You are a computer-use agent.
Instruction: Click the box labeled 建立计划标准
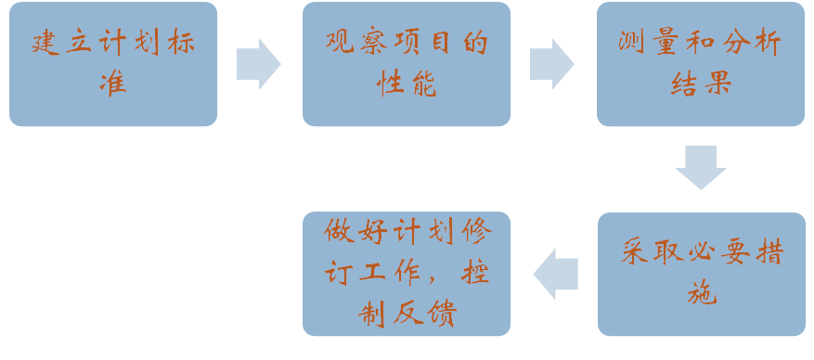tap(112, 64)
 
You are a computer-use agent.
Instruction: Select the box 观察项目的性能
tap(406, 64)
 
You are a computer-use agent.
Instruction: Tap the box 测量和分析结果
tap(700, 64)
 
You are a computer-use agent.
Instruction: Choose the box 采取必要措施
tap(701, 274)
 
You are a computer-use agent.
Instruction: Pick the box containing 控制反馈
tap(406, 274)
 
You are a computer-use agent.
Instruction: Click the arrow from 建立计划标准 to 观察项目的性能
tap(258, 64)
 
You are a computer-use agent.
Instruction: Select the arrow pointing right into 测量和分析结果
tap(551, 64)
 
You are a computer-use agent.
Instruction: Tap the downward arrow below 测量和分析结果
tap(701, 167)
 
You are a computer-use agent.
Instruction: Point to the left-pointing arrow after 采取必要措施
tap(556, 274)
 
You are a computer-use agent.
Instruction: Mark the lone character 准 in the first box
tap(112, 84)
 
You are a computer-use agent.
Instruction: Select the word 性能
tap(406, 84)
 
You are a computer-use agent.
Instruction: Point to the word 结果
tap(700, 84)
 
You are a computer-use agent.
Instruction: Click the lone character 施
tap(701, 295)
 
